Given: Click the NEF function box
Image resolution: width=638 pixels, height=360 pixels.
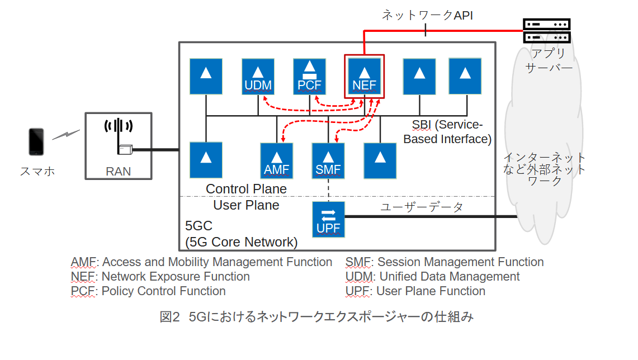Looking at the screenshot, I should (x=365, y=77).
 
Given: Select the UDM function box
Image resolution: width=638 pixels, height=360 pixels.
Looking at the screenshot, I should (x=258, y=77).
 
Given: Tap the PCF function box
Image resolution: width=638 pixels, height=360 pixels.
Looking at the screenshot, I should (x=310, y=77).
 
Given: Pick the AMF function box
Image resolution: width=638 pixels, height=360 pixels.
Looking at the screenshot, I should (x=277, y=160).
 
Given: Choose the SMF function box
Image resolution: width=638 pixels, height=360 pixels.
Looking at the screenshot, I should (x=328, y=160).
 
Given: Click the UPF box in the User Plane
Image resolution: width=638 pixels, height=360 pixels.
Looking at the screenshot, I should (x=328, y=220).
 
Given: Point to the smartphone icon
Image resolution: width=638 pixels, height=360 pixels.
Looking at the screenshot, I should (x=36, y=142).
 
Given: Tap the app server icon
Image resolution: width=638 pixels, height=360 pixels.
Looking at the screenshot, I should (x=546, y=31).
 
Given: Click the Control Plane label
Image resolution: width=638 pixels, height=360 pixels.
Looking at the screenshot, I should (x=246, y=189).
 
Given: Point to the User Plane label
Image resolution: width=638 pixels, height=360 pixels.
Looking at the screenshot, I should (x=246, y=205).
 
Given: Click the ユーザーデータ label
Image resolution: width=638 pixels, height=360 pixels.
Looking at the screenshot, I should (x=422, y=207).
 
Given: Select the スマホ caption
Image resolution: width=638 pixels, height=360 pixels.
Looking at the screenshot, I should (x=37, y=172).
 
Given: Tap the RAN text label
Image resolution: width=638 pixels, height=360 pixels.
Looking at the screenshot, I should (x=118, y=172).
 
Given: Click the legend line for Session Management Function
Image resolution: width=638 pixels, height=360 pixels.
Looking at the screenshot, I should (x=445, y=262).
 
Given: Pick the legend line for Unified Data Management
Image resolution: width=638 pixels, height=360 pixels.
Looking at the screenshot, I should (x=433, y=277).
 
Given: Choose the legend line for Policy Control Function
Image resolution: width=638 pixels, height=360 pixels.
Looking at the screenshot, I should (x=148, y=291).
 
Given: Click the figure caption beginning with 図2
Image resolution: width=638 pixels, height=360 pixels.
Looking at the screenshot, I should (x=316, y=318).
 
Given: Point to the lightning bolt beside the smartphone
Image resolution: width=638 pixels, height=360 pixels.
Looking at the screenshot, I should (x=66, y=135).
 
